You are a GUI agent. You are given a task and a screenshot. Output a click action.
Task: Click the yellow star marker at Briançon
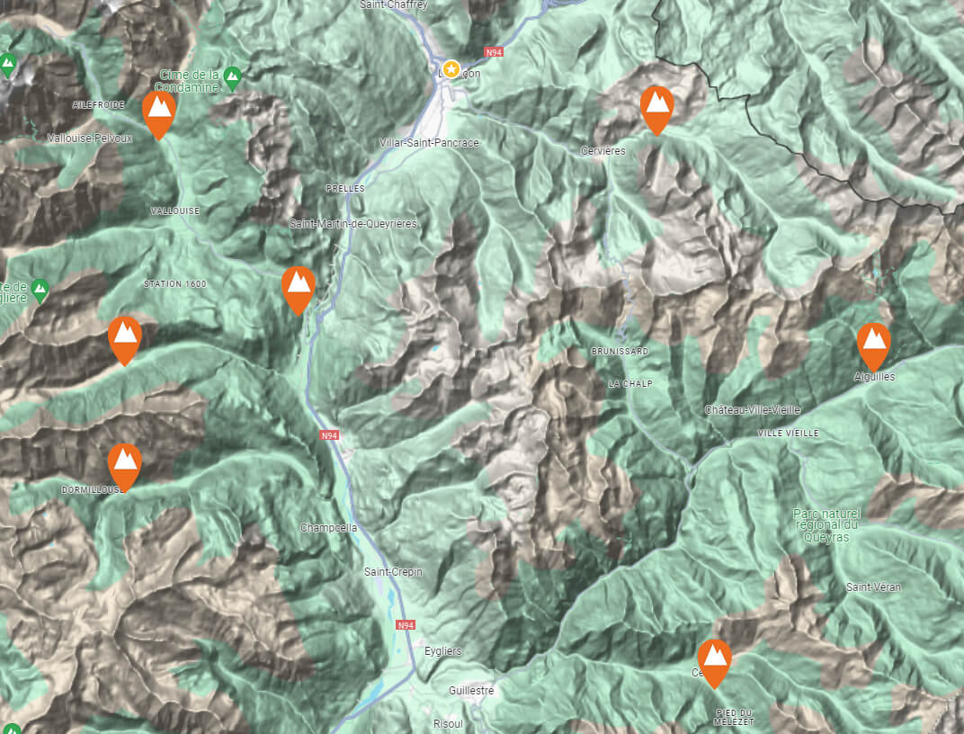point(451,69)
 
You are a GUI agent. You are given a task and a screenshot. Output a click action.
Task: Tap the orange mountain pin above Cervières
point(657,107)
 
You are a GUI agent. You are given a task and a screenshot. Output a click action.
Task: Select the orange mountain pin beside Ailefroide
point(159,112)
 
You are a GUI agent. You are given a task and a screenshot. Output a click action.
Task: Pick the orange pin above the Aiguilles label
point(873,344)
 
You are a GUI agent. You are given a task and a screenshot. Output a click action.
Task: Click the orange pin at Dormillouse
point(125,464)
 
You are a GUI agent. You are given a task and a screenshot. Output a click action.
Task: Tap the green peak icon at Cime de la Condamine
point(232,76)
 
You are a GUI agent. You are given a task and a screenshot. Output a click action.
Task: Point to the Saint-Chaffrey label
point(393,4)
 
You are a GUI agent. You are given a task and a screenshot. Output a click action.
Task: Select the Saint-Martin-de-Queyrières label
point(353,223)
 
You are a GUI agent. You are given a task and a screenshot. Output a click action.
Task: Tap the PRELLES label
point(345,189)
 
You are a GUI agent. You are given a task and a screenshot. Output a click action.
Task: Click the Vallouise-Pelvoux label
point(89,139)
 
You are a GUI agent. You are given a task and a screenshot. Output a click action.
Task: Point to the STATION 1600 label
point(174,284)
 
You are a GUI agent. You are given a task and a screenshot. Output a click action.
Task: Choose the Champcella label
point(328,527)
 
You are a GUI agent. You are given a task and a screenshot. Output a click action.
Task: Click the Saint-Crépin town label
point(393,572)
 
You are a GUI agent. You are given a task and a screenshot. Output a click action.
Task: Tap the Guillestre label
point(471,691)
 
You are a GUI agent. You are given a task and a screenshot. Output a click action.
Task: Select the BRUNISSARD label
point(620,352)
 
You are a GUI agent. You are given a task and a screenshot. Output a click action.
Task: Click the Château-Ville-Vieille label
point(752,410)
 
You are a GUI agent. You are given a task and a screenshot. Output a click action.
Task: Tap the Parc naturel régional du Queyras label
point(826,525)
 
